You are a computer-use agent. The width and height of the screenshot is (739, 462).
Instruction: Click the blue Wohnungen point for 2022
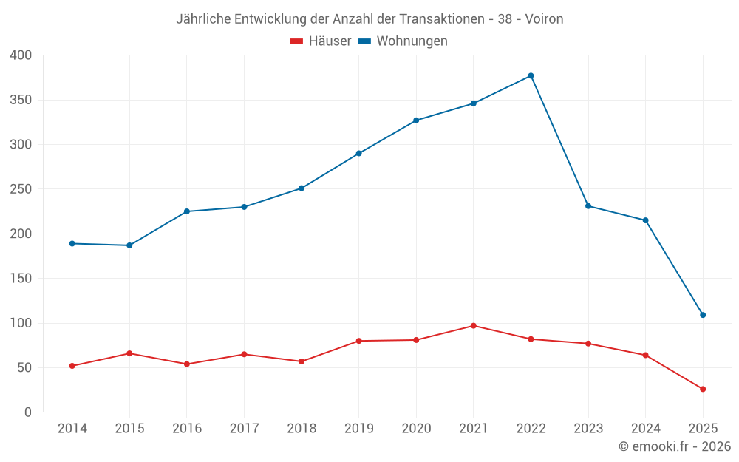(531, 76)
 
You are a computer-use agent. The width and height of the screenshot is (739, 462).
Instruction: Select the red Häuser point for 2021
(474, 326)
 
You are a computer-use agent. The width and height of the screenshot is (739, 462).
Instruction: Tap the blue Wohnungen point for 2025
(703, 315)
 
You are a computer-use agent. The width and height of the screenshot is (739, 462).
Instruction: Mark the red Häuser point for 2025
(703, 389)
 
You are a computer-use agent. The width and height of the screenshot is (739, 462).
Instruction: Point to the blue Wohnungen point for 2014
(72, 243)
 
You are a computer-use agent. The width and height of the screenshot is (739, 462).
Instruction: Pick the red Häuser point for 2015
(129, 353)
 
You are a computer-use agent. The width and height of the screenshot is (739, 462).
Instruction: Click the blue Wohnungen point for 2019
(358, 154)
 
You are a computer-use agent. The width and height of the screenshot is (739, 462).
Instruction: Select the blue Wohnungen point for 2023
(588, 206)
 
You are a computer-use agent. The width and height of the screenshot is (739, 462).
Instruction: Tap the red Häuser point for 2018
(302, 361)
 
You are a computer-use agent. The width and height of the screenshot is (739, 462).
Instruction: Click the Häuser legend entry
(321, 41)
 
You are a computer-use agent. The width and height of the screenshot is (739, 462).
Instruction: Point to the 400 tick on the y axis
(21, 55)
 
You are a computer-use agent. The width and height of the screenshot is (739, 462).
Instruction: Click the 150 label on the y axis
(21, 279)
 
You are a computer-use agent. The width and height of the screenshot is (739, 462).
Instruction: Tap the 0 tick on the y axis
(28, 412)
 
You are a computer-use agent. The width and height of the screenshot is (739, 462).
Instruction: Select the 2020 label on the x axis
(416, 429)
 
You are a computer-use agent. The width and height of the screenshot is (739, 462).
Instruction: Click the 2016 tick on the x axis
(186, 429)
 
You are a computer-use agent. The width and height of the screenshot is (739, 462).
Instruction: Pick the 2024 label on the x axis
(645, 429)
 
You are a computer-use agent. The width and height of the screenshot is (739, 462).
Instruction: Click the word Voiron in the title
(544, 19)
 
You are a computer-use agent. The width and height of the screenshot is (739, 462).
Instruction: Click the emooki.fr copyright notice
(675, 446)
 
